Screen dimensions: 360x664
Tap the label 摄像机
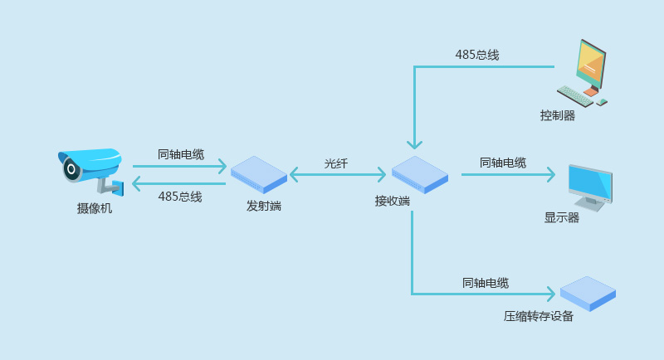point(95,209)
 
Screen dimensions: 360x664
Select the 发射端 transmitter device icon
point(259,174)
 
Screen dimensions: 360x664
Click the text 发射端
point(264,206)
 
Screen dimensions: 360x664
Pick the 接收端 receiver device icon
point(420,174)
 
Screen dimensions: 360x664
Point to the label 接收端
point(393,201)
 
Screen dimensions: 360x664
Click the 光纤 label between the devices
point(336,163)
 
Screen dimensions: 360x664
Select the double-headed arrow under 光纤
point(338,174)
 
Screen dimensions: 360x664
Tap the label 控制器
point(558,115)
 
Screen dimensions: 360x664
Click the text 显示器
point(562,217)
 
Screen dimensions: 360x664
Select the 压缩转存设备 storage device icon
point(588,294)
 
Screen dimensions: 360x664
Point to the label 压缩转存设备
point(539,316)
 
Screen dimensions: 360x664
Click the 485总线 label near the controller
point(477,55)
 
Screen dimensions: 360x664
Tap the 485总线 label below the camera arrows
point(180,197)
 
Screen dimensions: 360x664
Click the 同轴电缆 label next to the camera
point(181,154)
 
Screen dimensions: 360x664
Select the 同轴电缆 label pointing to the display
point(503,163)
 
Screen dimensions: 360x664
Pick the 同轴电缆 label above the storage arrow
point(486,283)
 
